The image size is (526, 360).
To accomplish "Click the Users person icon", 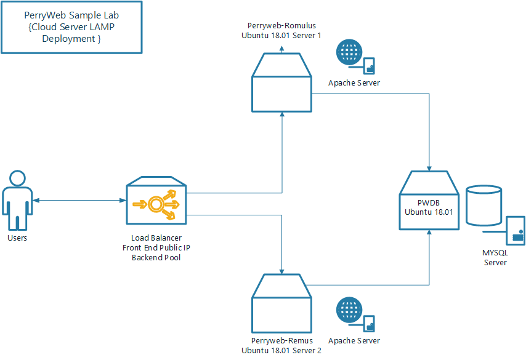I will click(17, 201).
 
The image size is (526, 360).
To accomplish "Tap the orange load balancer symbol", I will click(163, 203).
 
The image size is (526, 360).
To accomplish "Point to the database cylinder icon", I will click(484, 205).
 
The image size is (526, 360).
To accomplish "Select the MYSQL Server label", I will click(495, 257).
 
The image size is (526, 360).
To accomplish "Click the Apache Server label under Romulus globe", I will click(354, 83).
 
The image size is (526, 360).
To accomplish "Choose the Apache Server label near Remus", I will click(354, 340).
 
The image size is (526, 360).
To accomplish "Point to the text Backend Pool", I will click(156, 257).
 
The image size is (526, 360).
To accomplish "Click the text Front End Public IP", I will click(156, 247).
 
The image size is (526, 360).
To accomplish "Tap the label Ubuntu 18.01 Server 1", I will click(281, 36).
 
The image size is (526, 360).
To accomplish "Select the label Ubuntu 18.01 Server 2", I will click(281, 350).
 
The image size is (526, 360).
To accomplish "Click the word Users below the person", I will click(17, 238).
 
